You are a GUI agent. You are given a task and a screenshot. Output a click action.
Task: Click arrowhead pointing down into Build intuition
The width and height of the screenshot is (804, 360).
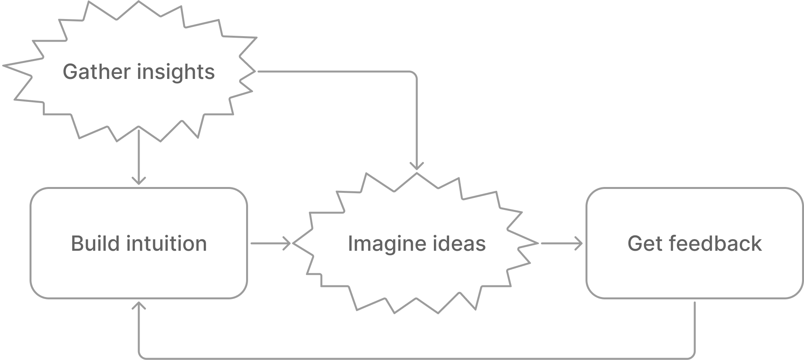point(139,181)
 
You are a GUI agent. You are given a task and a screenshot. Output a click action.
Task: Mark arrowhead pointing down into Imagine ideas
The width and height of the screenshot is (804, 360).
point(417,166)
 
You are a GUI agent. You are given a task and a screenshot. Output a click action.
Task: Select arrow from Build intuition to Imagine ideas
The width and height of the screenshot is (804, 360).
point(270,243)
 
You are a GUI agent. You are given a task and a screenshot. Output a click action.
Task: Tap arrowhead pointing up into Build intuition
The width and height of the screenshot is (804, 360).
point(139,306)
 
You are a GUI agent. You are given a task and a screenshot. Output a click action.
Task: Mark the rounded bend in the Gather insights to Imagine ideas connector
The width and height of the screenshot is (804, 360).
point(414,74)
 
